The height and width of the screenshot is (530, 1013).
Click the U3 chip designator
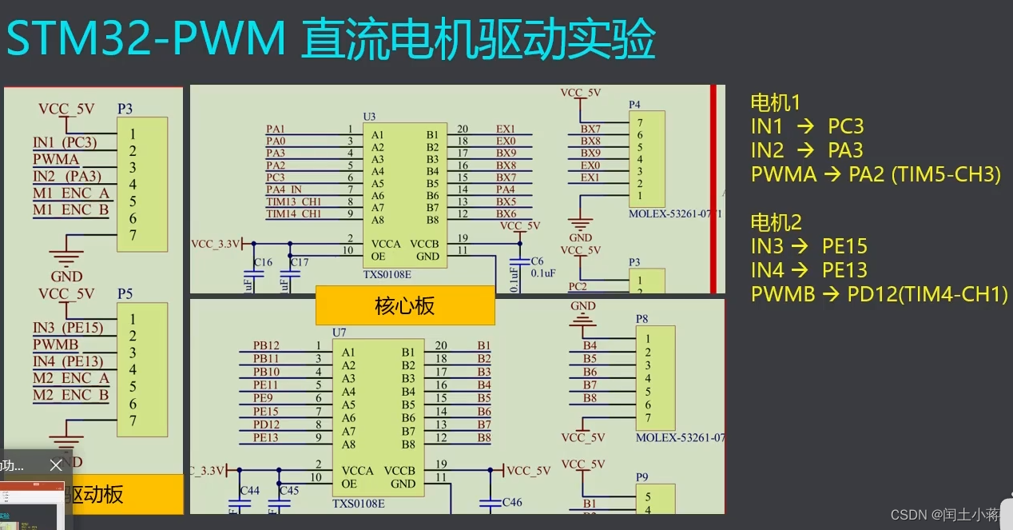[x=369, y=117]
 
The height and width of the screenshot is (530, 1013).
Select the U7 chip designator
[x=340, y=333]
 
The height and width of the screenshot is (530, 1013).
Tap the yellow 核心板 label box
[x=405, y=305]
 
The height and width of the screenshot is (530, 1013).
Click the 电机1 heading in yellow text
[x=775, y=102]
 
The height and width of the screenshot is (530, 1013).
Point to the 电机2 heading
[x=776, y=222]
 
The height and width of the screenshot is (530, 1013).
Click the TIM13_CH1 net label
[x=294, y=202]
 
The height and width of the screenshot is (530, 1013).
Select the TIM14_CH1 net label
[x=294, y=214]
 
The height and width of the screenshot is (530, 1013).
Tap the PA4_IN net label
[x=284, y=190]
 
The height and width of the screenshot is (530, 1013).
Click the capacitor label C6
[x=537, y=261]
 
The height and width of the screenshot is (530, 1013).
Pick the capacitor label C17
[x=300, y=262]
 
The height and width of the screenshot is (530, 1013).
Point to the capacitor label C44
[x=249, y=490]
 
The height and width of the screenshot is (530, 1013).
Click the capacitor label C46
[x=511, y=503]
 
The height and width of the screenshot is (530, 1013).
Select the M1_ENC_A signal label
[x=71, y=193]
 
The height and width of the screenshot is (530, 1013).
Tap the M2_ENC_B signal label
[x=70, y=395]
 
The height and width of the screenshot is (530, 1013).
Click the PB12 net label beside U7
[x=266, y=345]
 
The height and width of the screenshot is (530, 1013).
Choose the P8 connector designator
[x=642, y=319]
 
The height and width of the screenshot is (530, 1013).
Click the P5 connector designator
[x=125, y=294]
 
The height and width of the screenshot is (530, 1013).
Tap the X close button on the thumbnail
[x=56, y=464]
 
